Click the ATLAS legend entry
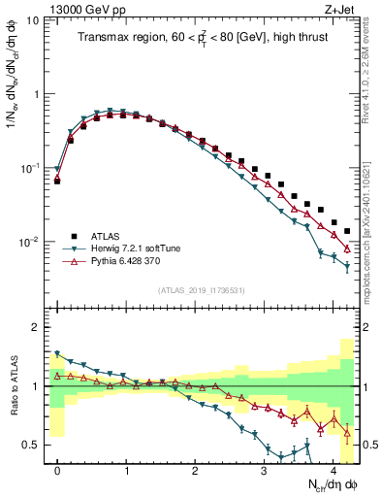point(106,235)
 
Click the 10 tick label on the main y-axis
point(32,20)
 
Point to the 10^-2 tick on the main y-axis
point(28,242)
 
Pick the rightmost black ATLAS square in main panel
point(347,231)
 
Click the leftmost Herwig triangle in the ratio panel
point(57,354)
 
